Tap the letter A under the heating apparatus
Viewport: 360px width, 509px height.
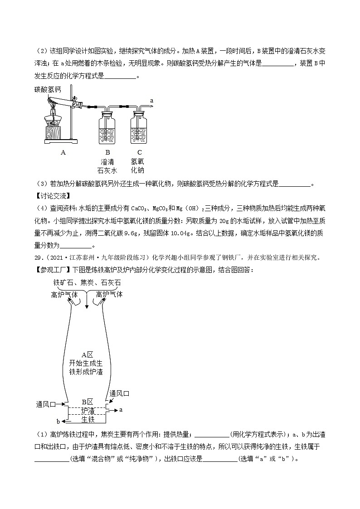click(63, 153)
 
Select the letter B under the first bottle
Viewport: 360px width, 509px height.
click(107, 153)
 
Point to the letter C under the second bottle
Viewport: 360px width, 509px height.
click(139, 153)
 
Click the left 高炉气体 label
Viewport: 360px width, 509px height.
click(64, 294)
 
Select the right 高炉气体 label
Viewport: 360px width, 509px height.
click(110, 294)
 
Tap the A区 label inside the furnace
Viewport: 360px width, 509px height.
click(87, 354)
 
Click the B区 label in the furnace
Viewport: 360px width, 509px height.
click(87, 402)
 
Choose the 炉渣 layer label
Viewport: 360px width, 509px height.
click(88, 411)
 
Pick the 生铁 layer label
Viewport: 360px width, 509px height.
click(88, 419)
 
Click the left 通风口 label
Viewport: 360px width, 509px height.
click(46, 403)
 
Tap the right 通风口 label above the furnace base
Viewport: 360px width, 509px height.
click(120, 393)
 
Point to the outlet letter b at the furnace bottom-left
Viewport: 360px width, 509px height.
click(58, 421)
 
